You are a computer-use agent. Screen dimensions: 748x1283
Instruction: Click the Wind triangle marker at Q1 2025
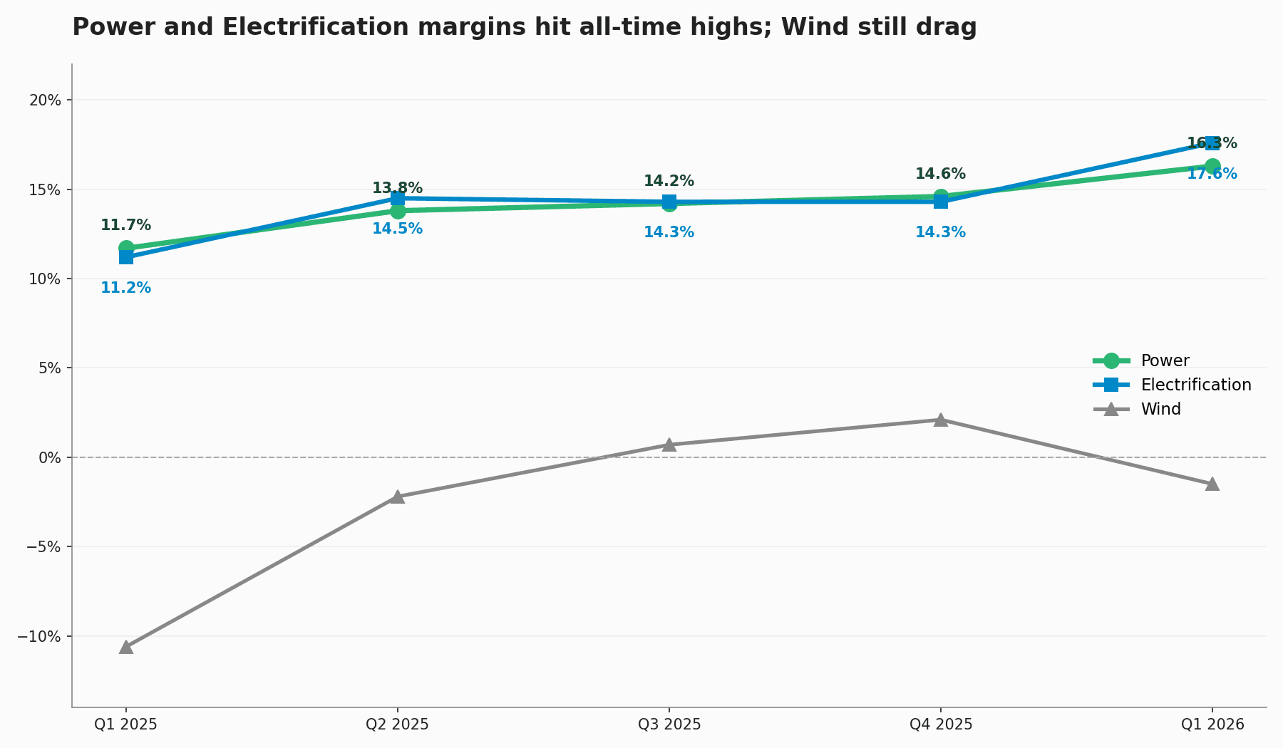coord(126,647)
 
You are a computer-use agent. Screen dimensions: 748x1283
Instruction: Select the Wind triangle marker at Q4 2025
coord(941,420)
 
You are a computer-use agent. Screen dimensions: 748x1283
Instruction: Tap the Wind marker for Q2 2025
coord(398,497)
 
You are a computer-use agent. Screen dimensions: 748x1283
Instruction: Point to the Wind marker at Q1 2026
coord(1212,484)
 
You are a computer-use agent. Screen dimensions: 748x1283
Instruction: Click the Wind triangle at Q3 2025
coord(669,445)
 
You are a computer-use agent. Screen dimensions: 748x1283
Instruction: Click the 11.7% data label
coord(125,226)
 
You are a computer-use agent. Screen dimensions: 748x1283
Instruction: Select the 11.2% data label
coord(125,289)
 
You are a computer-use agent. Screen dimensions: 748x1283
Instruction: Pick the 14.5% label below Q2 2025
coord(397,229)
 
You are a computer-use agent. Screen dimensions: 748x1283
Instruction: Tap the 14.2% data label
coord(669,182)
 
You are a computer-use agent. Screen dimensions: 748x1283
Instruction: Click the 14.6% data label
coord(940,175)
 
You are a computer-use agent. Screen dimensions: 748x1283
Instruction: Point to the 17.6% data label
coord(1212,175)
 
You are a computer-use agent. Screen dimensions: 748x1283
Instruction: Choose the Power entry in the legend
coord(1165,361)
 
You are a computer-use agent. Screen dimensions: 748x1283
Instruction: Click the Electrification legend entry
coord(1195,385)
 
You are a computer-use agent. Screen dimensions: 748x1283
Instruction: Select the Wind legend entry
coord(1160,410)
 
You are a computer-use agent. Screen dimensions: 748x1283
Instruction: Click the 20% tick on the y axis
coord(45,100)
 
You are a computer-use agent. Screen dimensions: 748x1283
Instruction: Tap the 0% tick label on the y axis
coord(49,457)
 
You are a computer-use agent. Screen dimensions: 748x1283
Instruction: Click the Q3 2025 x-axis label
coord(669,725)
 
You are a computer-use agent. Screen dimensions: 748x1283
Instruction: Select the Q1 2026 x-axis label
coord(1212,725)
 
